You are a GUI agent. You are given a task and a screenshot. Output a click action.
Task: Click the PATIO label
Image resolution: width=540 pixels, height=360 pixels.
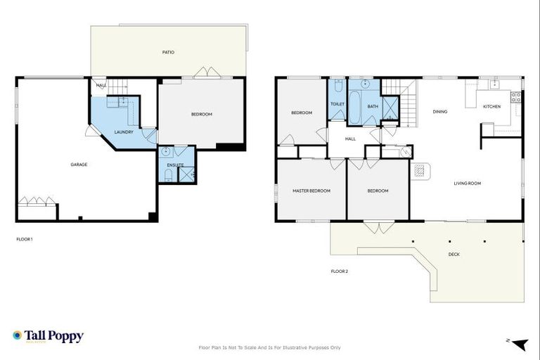(x=168, y=52)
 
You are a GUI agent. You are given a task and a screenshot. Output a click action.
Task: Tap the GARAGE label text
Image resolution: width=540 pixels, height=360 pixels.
(x=79, y=165)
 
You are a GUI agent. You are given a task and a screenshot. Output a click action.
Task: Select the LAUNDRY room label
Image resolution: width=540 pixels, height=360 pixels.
(x=124, y=131)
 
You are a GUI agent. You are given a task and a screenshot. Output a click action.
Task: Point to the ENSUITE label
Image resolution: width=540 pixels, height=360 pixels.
(x=176, y=165)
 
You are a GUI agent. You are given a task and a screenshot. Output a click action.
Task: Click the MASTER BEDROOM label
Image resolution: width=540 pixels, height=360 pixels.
(x=311, y=191)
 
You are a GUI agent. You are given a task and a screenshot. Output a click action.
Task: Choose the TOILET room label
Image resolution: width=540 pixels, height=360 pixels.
(x=337, y=104)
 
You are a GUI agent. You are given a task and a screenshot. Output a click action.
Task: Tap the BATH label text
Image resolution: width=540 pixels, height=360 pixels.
(x=373, y=106)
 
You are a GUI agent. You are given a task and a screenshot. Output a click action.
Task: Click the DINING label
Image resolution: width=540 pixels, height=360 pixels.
(x=440, y=111)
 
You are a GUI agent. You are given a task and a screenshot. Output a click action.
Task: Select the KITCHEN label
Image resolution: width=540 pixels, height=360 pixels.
(x=491, y=106)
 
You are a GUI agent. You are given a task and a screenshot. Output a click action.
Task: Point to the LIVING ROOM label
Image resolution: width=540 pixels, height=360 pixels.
(x=467, y=184)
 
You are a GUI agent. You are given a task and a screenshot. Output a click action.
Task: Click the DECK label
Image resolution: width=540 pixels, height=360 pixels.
(x=454, y=254)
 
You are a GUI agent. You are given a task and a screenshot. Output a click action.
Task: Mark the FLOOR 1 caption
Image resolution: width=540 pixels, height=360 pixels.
(x=25, y=239)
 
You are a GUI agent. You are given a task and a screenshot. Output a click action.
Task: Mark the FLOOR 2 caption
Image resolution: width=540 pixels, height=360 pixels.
(x=340, y=271)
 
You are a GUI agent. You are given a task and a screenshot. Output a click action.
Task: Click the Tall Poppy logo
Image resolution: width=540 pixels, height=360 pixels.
(x=48, y=336)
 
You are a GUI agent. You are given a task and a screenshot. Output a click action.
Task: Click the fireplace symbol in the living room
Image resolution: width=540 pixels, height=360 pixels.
(x=419, y=171)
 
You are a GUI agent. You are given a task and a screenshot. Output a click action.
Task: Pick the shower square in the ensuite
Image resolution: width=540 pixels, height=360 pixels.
(x=187, y=174)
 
